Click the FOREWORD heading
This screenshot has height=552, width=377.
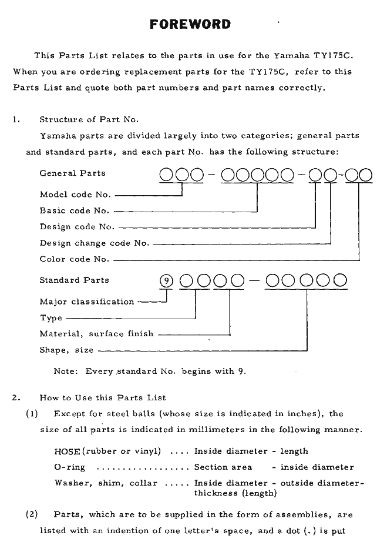pyautogui.click(x=190, y=24)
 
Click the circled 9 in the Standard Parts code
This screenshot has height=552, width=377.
pyautogui.click(x=167, y=280)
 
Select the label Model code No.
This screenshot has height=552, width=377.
pyautogui.click(x=75, y=195)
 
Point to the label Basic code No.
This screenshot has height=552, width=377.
pyautogui.click(x=75, y=210)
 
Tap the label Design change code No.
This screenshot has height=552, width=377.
pyautogui.click(x=94, y=243)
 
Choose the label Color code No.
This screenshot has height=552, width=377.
pyautogui.click(x=74, y=259)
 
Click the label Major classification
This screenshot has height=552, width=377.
pyautogui.click(x=87, y=302)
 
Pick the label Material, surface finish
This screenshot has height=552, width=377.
pyautogui.click(x=96, y=333)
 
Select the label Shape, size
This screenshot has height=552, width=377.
pyautogui.click(x=66, y=350)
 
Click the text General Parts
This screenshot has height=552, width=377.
pyautogui.click(x=72, y=173)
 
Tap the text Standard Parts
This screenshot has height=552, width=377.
pyautogui.click(x=74, y=280)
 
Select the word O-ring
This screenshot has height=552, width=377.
pyautogui.click(x=69, y=467)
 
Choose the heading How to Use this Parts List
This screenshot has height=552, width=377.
pyautogui.click(x=103, y=397)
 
